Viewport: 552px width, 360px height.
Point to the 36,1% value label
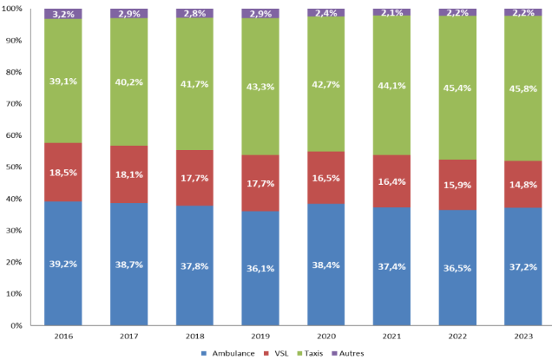[x=260, y=268]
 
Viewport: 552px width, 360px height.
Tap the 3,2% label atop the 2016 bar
[x=62, y=15]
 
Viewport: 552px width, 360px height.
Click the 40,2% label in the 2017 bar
[x=128, y=83]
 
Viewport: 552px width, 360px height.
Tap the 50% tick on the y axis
[x=15, y=167]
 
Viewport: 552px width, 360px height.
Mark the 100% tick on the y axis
[x=13, y=10]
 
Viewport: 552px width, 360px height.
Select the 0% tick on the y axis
[x=17, y=325]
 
